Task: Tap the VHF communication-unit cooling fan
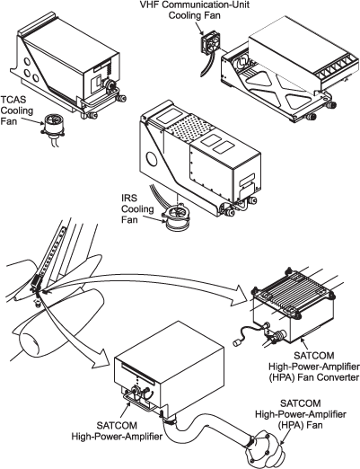[x=211, y=46]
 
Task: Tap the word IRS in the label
[x=129, y=198]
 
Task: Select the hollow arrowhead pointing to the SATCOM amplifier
[x=101, y=357]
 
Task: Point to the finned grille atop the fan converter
[x=293, y=288]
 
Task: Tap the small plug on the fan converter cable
[x=238, y=342]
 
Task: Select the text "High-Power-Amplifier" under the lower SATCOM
[x=117, y=436]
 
